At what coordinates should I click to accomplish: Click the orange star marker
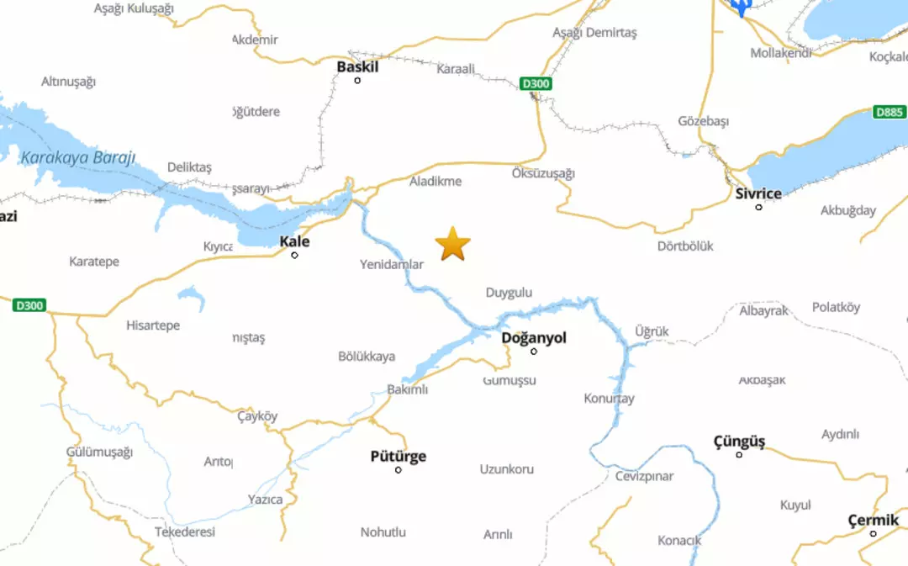point(453,244)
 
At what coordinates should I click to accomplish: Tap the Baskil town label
point(357,66)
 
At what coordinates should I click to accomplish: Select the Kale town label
point(294,241)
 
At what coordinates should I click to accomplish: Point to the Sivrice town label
point(758,193)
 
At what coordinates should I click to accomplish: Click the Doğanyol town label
point(534,337)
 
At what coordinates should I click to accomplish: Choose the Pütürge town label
point(399,457)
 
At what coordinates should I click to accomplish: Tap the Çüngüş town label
point(739,442)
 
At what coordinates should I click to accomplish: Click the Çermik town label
point(874,521)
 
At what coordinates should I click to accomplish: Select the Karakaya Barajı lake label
point(77,158)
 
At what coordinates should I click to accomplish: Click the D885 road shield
point(890,112)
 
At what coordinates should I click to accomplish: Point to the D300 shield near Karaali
point(536,83)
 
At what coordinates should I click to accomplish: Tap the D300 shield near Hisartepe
point(30,305)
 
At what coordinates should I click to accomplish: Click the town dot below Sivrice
point(758,207)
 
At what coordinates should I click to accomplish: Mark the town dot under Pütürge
point(399,470)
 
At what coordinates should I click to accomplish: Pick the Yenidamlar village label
point(392,264)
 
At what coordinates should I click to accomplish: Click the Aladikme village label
point(436,181)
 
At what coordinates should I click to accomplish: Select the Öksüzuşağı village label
point(543,173)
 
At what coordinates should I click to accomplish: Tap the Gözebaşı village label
point(704,121)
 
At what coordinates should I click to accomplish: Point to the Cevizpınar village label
point(645,476)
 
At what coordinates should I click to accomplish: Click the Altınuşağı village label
point(69,82)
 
